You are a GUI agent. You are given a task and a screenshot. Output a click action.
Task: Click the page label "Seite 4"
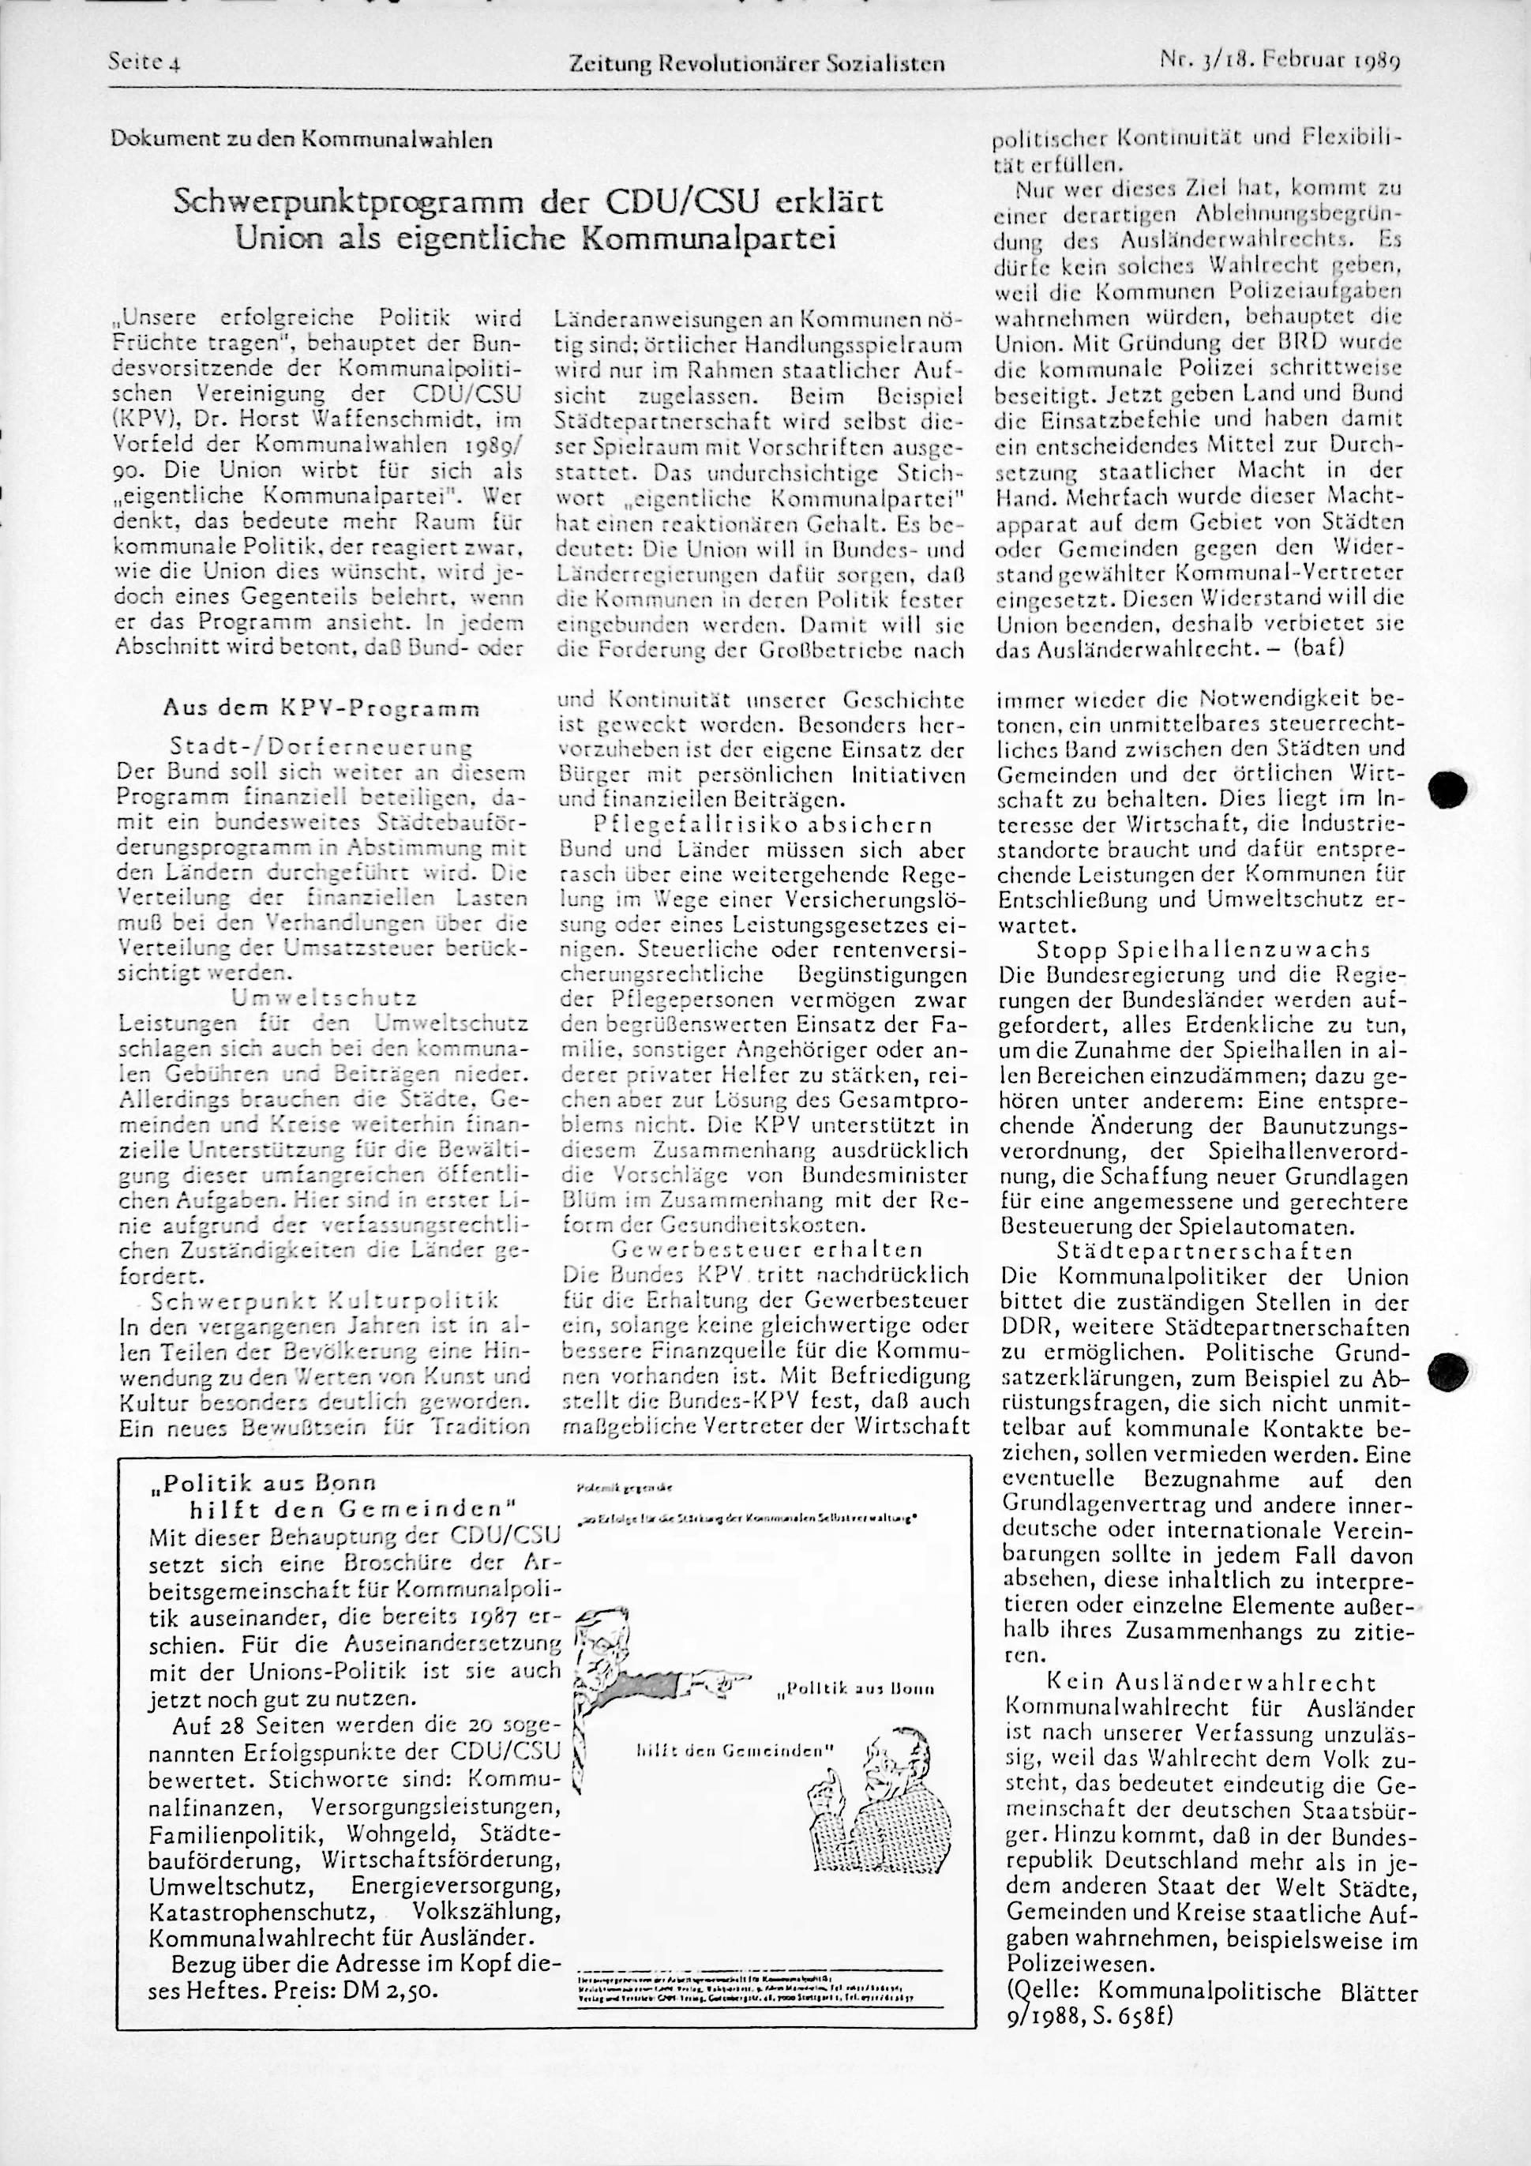144,62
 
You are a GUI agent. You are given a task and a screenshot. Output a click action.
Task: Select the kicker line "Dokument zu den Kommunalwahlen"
301,141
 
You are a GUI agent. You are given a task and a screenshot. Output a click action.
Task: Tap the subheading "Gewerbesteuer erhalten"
767,1250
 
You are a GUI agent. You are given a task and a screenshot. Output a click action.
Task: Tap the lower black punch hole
1450,1368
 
